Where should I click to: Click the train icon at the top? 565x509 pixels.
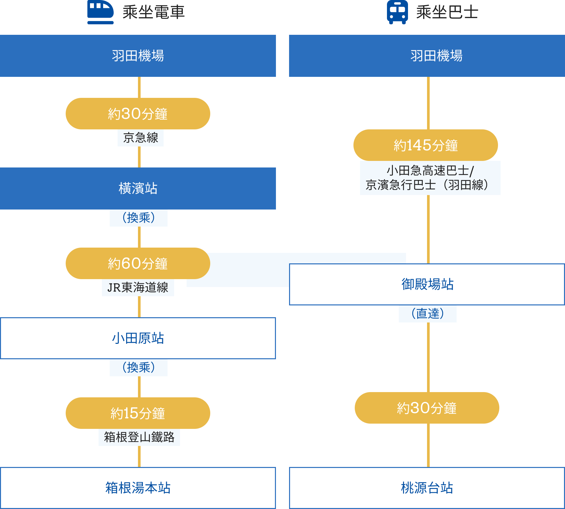(x=101, y=12)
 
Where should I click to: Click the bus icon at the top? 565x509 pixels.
(x=397, y=12)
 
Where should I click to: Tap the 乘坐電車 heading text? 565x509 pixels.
(x=153, y=12)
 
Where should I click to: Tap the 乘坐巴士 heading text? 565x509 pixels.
(x=447, y=12)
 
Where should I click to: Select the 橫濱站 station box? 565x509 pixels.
(x=138, y=188)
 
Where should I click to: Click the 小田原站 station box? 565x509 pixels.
(x=138, y=338)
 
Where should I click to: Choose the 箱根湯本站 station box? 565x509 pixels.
(x=138, y=488)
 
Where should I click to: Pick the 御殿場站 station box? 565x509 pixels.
(x=427, y=284)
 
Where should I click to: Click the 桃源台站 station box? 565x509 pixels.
(x=427, y=488)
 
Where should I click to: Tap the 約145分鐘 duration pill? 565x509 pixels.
(x=426, y=145)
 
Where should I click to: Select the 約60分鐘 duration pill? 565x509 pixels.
(x=138, y=263)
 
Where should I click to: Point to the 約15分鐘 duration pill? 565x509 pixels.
(x=138, y=413)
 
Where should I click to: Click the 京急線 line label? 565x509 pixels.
(x=141, y=138)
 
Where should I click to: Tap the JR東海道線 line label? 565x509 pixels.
(x=138, y=288)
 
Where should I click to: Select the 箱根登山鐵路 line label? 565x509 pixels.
(x=139, y=437)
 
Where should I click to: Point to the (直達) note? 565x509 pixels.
(x=428, y=314)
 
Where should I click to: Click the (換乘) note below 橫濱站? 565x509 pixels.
(x=139, y=218)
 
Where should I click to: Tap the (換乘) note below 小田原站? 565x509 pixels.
(x=139, y=367)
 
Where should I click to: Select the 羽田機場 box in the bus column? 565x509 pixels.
(x=427, y=56)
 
